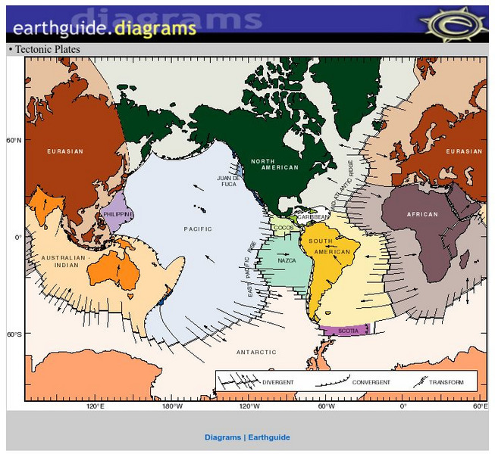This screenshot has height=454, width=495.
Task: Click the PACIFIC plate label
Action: (198, 229)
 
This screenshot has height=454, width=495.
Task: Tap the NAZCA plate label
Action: (287, 260)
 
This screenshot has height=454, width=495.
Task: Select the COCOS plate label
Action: (284, 227)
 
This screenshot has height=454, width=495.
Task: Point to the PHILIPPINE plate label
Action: (117, 214)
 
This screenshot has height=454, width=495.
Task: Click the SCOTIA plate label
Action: (348, 331)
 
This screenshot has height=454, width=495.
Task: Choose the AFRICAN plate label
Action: (422, 214)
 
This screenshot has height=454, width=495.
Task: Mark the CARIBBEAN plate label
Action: (313, 216)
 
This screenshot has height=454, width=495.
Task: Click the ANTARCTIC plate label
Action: (251, 352)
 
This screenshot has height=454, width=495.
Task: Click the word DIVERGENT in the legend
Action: (277, 382)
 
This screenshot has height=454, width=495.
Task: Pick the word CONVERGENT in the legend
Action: (371, 382)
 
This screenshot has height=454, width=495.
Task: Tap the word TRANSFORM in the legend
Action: (446, 382)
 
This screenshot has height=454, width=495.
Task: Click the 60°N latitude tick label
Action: (14, 140)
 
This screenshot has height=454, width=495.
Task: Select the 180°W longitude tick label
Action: (172, 406)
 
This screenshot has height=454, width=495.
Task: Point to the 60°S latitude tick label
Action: (14, 334)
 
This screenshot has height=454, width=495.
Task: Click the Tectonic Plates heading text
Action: (47, 50)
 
